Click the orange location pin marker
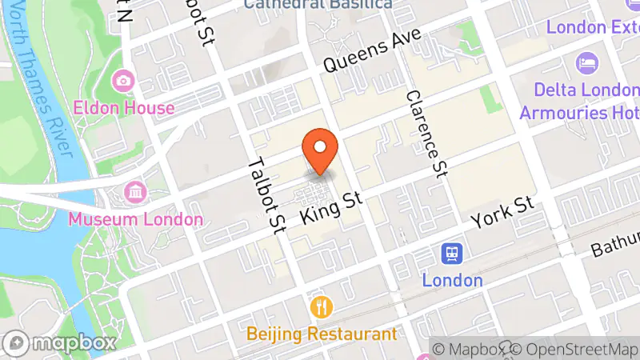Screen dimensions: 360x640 [321, 150]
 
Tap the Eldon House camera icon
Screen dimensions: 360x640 [123, 81]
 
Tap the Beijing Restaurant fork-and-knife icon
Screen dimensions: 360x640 [322, 307]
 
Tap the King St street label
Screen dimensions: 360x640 [331, 207]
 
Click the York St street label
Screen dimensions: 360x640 [502, 210]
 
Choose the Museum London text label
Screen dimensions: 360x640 [135, 218]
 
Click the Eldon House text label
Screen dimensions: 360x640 [123, 107]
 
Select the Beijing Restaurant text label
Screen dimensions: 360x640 [322, 334]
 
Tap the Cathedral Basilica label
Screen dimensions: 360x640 [318, 4]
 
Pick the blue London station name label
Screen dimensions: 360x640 [452, 280]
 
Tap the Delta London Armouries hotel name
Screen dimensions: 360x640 [579, 100]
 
